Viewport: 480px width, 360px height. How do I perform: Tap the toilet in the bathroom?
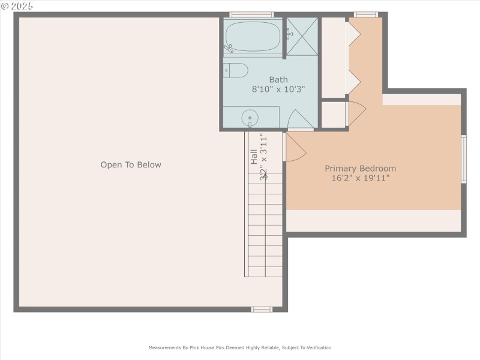pyautogui.click(x=236, y=70)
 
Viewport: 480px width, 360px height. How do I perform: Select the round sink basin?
pyautogui.click(x=250, y=118)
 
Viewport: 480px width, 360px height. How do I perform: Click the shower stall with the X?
pyautogui.click(x=301, y=36)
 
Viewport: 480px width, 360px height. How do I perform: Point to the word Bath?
pyautogui.click(x=278, y=79)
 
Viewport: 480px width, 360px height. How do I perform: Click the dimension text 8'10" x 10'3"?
pyautogui.click(x=278, y=89)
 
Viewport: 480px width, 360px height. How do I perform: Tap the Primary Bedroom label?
pyautogui.click(x=361, y=169)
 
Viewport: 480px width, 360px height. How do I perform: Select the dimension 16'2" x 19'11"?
pyautogui.click(x=361, y=178)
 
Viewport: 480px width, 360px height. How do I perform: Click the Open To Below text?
pyautogui.click(x=131, y=164)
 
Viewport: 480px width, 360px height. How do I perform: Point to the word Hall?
pyautogui.click(x=254, y=157)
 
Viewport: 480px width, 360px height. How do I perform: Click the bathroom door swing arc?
pyautogui.click(x=300, y=118)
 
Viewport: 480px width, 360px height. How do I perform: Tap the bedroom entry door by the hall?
pyautogui.click(x=293, y=148)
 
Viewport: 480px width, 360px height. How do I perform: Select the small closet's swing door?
pyautogui.click(x=356, y=113)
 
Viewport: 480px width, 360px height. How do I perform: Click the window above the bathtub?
pyautogui.click(x=251, y=14)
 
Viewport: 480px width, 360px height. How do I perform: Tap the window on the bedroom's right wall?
pyautogui.click(x=463, y=158)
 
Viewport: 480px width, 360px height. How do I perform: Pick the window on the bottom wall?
pyautogui.click(x=262, y=310)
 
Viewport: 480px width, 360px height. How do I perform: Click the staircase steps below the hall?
pyautogui.click(x=265, y=228)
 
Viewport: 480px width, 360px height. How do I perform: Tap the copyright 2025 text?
pyautogui.click(x=17, y=5)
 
